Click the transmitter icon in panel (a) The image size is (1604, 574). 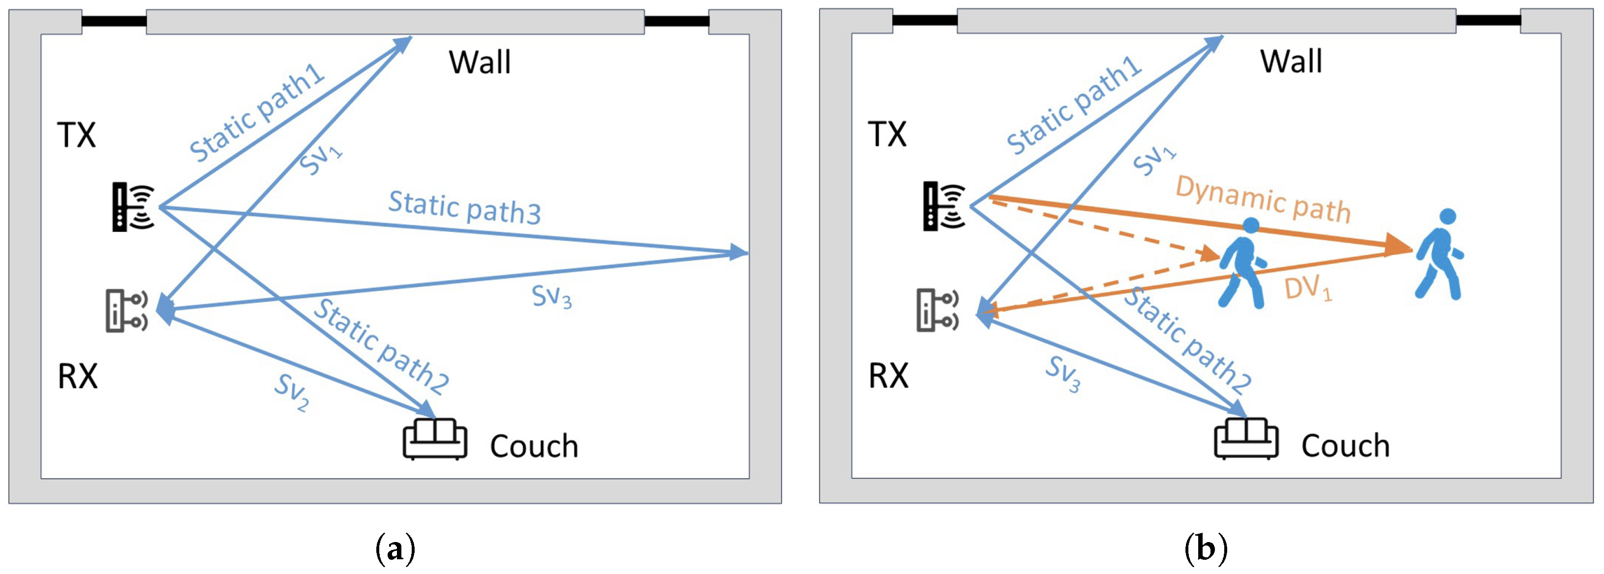(133, 207)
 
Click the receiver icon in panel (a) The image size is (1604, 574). (126, 310)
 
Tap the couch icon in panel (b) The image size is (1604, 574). (1246, 439)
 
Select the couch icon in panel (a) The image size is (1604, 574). (435, 439)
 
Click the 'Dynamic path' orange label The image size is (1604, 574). (1263, 199)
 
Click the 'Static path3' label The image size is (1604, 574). (465, 207)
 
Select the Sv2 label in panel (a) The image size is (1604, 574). (291, 392)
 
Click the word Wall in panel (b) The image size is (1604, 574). (1291, 61)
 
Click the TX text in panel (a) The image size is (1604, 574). (76, 135)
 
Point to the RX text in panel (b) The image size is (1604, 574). (888, 376)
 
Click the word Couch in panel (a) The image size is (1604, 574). (534, 446)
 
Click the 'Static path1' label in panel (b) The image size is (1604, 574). (1073, 105)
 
